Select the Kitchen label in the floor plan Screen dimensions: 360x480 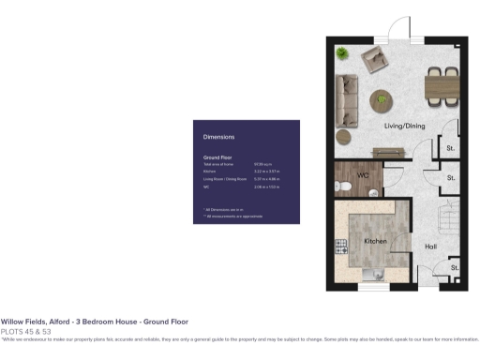376,241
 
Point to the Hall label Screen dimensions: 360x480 430,247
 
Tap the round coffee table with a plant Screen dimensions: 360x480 382,97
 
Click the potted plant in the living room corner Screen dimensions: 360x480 343,52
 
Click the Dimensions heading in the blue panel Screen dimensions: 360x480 218,138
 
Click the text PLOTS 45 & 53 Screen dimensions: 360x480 25,331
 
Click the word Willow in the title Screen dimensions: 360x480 11,321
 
